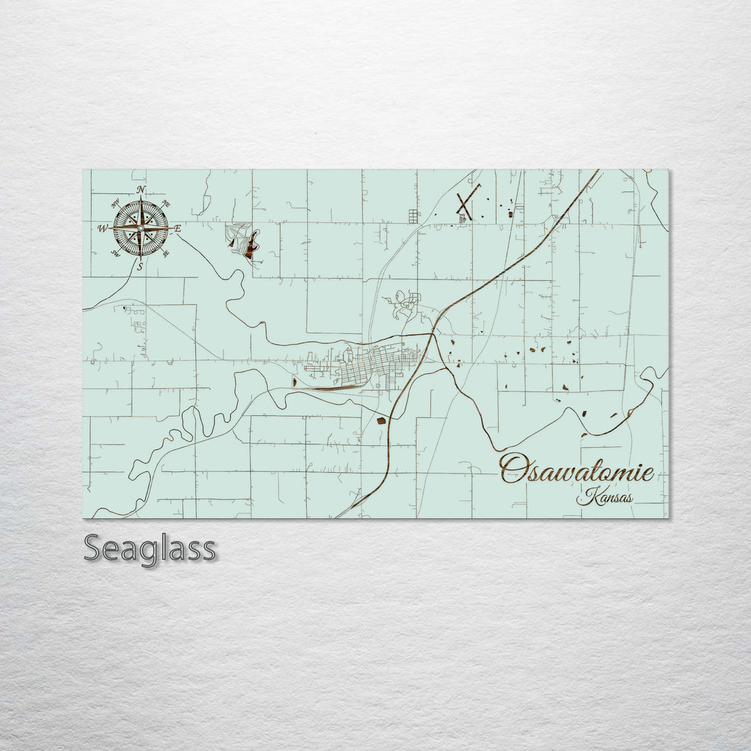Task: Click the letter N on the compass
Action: (141, 190)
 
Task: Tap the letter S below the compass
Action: (140, 266)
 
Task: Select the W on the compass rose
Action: (103, 228)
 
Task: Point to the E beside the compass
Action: (177, 228)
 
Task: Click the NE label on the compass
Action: (165, 204)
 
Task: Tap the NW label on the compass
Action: (115, 204)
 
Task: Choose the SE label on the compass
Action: (165, 254)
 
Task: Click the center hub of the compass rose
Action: (140, 228)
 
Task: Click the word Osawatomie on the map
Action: (576, 471)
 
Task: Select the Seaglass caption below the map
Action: (150, 549)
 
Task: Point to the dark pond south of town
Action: (381, 420)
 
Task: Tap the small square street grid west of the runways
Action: (413, 216)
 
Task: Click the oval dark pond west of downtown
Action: (295, 382)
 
